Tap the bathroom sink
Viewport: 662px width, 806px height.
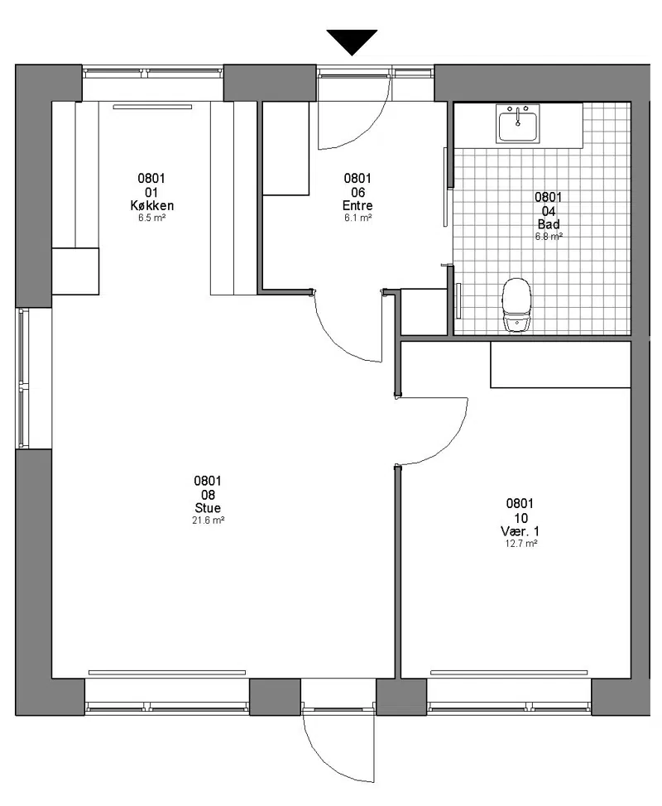[517, 124]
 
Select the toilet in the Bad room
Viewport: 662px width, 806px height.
[517, 305]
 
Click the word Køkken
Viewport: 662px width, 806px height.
[151, 205]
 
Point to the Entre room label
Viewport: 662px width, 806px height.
[357, 205]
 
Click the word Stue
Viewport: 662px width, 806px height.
[208, 508]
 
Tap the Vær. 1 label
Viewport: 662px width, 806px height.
[520, 531]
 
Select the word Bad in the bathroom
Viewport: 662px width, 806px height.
[549, 224]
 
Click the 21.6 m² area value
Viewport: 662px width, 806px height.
[209, 521]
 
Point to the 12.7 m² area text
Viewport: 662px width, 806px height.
[520, 544]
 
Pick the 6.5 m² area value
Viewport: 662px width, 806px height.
[151, 218]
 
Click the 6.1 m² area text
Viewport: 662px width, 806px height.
[357, 218]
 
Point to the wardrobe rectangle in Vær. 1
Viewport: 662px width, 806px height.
[561, 364]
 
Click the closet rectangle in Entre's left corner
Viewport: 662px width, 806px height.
[285, 148]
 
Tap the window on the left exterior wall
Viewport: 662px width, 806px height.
[23, 378]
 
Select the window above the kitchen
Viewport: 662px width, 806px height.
[153, 73]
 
